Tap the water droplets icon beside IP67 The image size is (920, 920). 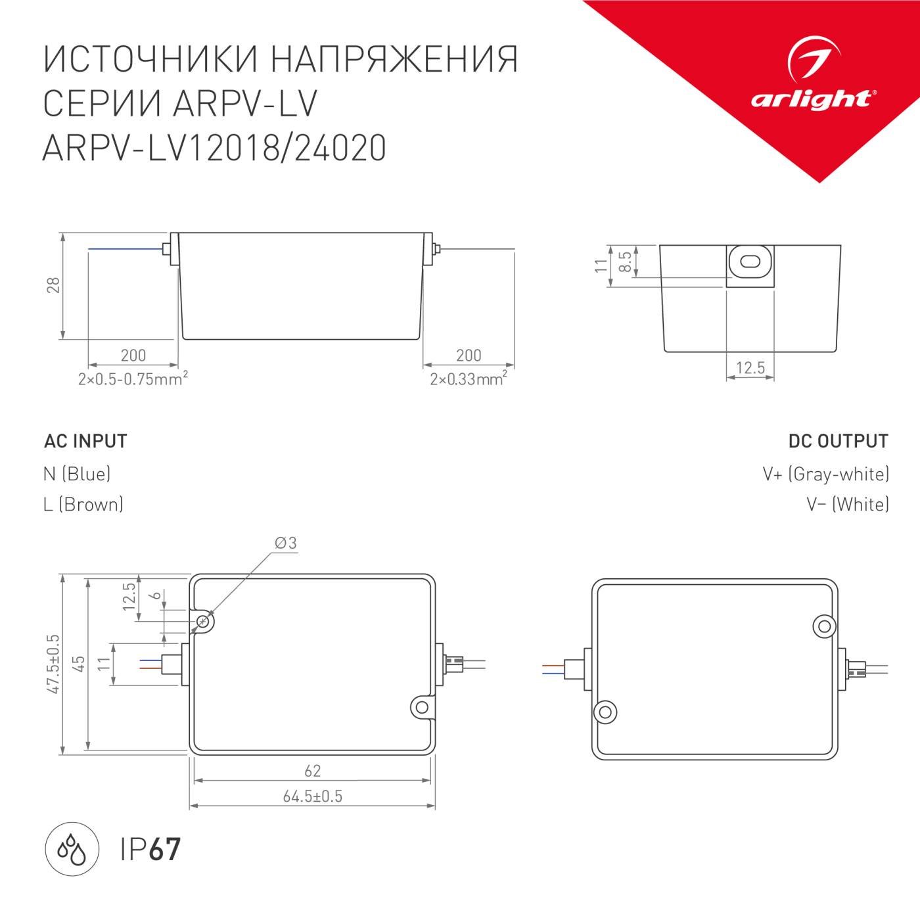tap(72, 848)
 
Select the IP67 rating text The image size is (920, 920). tap(150, 849)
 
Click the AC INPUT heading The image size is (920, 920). tap(85, 441)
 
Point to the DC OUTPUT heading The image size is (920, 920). tap(838, 441)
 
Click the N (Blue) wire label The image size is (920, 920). tap(77, 473)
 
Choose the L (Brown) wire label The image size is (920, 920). tap(83, 504)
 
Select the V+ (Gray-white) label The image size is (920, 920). tap(825, 473)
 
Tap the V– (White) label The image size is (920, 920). tap(848, 504)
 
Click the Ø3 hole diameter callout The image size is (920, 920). tap(286, 543)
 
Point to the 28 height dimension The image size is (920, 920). tap(53, 285)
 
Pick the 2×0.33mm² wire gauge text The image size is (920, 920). tap(468, 379)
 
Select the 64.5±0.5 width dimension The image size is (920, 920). tap(313, 796)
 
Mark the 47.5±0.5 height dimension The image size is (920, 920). tap(53, 664)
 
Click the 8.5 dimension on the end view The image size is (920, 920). tap(626, 262)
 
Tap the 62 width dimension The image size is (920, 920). tap(313, 771)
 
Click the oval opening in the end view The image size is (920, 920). tap(750, 262)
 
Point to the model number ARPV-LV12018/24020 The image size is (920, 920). tap(214, 148)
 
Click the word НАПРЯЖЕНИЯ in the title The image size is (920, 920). tap(394, 59)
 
